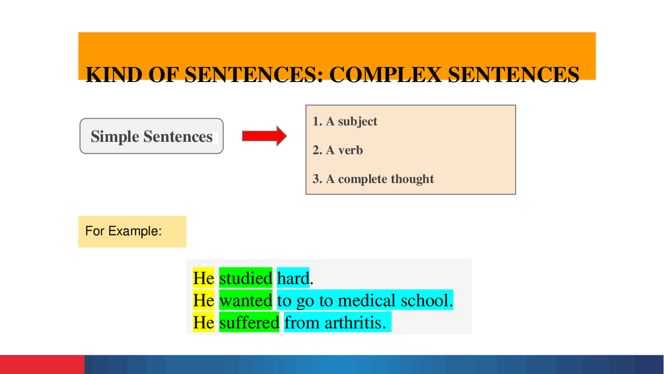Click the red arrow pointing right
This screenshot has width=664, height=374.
pyautogui.click(x=264, y=136)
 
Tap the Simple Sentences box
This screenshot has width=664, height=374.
pyautogui.click(x=151, y=136)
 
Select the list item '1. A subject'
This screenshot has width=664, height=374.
pyautogui.click(x=345, y=122)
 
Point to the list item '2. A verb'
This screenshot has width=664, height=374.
pyautogui.click(x=338, y=150)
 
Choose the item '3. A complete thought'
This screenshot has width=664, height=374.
pyautogui.click(x=373, y=179)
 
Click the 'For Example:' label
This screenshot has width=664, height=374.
pyautogui.click(x=123, y=231)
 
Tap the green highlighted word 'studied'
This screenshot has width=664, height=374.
pyautogui.click(x=245, y=278)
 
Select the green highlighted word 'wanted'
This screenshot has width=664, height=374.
pyautogui.click(x=245, y=300)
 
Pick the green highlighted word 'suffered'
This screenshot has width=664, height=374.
pyautogui.click(x=249, y=323)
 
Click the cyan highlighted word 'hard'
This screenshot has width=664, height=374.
pyautogui.click(x=293, y=278)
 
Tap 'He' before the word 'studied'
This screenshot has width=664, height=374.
pyautogui.click(x=203, y=278)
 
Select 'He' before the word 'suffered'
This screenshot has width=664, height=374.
pyautogui.click(x=203, y=323)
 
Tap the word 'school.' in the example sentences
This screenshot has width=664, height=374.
pyautogui.click(x=428, y=300)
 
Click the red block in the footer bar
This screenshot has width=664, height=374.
pyautogui.click(x=41, y=364)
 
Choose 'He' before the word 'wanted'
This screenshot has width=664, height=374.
pyautogui.click(x=203, y=300)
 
